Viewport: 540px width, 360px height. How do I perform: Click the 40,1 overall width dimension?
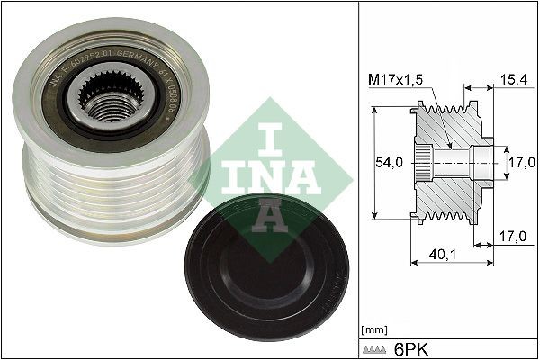(441, 255)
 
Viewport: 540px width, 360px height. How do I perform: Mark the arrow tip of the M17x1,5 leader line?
(447, 145)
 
